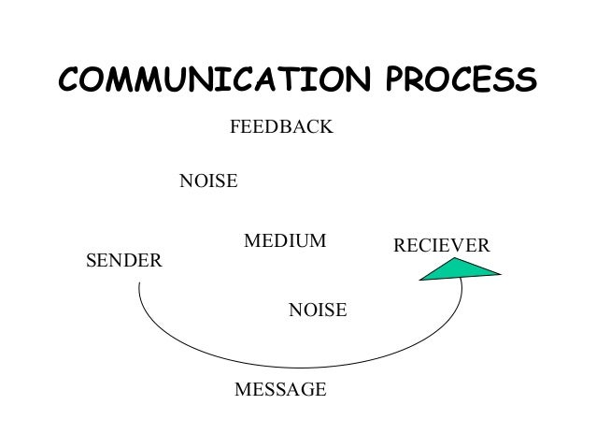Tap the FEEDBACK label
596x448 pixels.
pyautogui.click(x=280, y=126)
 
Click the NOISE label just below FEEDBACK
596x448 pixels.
pyautogui.click(x=207, y=181)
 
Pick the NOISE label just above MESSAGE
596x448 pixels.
pyautogui.click(x=318, y=309)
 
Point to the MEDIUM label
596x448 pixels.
pyautogui.click(x=285, y=241)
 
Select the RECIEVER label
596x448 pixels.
pyautogui.click(x=442, y=245)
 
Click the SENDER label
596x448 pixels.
pyautogui.click(x=123, y=260)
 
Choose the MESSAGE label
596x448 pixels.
pyautogui.click(x=279, y=389)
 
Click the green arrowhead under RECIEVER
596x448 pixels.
pyautogui.click(x=461, y=269)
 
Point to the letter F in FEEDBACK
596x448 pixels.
pyautogui.click(x=234, y=126)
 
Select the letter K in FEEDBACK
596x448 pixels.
pyautogui.click(x=325, y=126)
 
